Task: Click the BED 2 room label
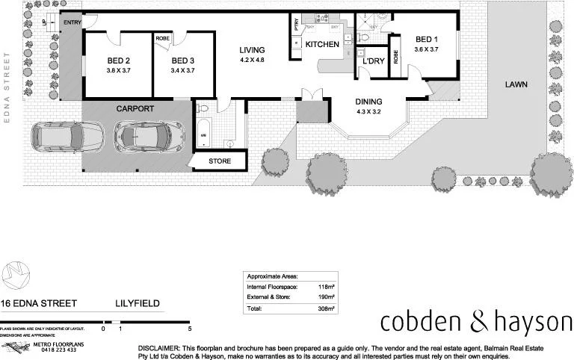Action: (118, 61)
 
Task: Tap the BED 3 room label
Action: (182, 61)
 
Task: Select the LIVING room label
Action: (252, 50)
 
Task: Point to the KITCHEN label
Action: (322, 45)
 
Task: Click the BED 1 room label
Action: (427, 40)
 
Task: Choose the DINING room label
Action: (368, 102)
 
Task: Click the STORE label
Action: (219, 161)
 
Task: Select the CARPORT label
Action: (135, 109)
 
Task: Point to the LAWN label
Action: (516, 84)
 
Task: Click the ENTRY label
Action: (72, 22)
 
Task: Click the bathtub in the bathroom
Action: (204, 128)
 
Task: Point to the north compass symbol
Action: (14, 276)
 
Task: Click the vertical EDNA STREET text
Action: (7, 81)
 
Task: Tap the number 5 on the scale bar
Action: (190, 329)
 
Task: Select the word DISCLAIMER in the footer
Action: (159, 349)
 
